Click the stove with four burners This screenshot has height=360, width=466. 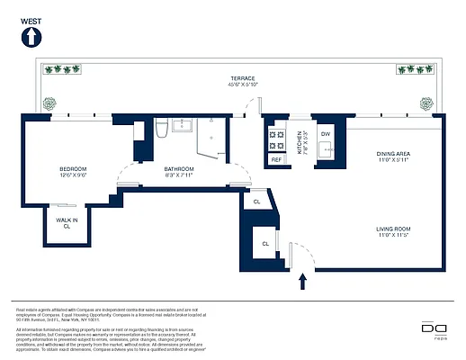276,139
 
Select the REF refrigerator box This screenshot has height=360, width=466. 276,159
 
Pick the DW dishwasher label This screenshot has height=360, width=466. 326,134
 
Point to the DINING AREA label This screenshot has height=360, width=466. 392,157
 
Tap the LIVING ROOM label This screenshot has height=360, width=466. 392,231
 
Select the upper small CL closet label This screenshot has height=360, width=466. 256,202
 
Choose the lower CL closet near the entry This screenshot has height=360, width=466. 265,243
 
